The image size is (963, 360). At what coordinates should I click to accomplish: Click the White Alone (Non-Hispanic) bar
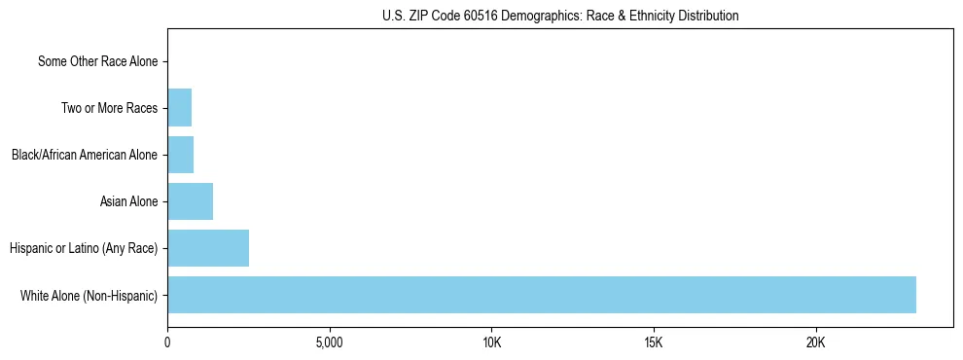pos(541,295)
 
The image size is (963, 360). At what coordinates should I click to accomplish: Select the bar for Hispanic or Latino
pos(208,248)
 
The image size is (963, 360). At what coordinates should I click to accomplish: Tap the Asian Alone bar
pos(190,201)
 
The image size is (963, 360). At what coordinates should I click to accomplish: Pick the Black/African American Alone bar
pos(180,155)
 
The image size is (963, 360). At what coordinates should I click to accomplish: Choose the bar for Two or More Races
pos(179,108)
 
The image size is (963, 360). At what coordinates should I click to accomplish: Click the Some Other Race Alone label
pos(97,62)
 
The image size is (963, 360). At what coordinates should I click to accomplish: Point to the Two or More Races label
pos(109,108)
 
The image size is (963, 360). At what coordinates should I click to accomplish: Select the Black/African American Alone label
pos(85,155)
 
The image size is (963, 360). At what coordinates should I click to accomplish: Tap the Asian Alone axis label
pos(128,201)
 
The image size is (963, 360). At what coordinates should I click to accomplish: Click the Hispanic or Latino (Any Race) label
pos(84,248)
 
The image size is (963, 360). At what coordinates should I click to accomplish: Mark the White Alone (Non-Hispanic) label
pos(89,295)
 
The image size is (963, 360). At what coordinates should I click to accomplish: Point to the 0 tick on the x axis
pos(167,342)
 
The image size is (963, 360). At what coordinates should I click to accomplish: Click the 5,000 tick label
pos(330,342)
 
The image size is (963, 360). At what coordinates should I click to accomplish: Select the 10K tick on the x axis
pos(491,342)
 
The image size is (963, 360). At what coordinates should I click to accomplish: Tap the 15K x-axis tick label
pos(654,342)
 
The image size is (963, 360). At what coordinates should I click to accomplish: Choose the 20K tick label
pos(815,342)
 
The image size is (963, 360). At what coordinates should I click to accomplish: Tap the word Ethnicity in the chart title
pos(647,16)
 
